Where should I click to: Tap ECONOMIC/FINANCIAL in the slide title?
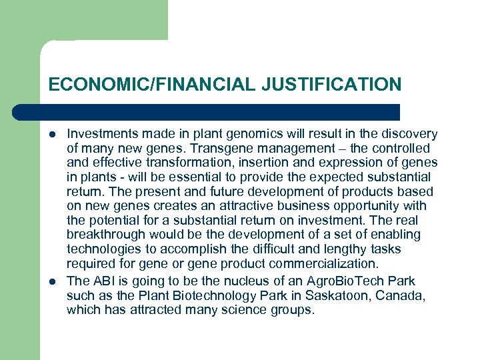[x=151, y=85]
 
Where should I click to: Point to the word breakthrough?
[x=106, y=235]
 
